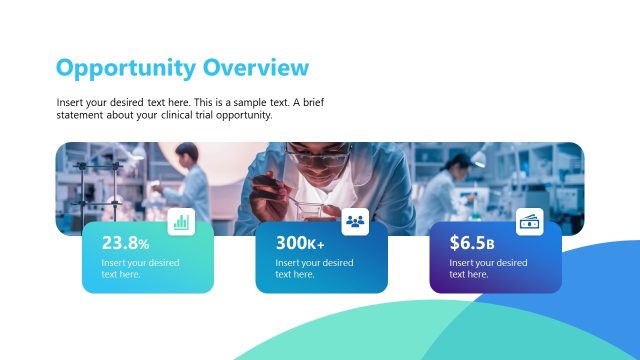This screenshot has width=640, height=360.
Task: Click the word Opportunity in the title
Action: tap(126, 68)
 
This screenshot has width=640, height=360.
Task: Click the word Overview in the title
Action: tap(256, 67)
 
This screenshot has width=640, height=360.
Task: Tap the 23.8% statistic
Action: tap(125, 243)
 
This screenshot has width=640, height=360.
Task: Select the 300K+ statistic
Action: tap(300, 243)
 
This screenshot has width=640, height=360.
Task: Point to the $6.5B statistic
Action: tap(472, 243)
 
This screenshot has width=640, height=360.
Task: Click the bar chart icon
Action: tap(181, 222)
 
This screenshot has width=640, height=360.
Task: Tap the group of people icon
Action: tap(356, 222)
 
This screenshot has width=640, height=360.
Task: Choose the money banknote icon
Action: tap(530, 222)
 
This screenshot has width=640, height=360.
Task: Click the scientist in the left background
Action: tap(189, 180)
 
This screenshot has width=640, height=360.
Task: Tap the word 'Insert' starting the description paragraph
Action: tap(70, 103)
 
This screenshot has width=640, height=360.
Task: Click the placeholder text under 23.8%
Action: tap(140, 268)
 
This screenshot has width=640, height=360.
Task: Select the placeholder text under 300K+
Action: tap(314, 268)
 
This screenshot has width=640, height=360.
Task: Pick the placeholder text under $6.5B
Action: tap(488, 268)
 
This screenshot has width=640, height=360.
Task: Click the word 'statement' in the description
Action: tap(81, 115)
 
